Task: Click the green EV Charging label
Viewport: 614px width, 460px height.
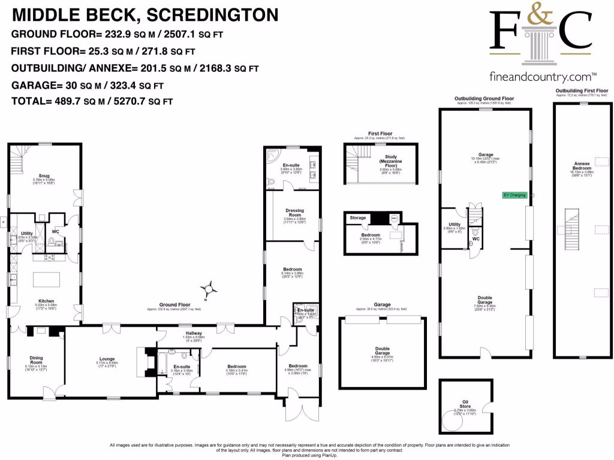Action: (x=514, y=195)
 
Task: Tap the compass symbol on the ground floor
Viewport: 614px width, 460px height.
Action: (x=209, y=289)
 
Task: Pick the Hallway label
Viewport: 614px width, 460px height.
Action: (x=193, y=333)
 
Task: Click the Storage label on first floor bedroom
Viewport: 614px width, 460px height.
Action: (x=358, y=218)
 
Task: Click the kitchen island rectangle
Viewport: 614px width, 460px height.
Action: (x=47, y=280)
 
